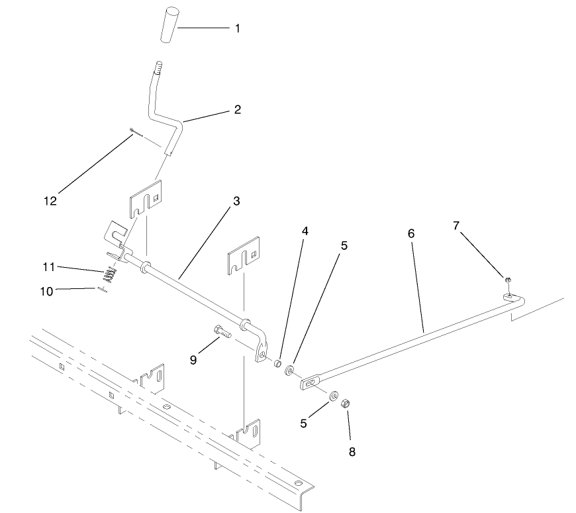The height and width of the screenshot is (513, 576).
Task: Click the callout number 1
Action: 238,29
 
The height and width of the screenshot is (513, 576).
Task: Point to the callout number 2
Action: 237,109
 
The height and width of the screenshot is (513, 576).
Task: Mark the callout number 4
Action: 305,231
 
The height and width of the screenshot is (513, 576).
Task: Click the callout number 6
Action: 410,234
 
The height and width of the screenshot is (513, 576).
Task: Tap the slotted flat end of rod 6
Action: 311,382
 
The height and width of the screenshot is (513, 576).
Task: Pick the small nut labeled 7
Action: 506,281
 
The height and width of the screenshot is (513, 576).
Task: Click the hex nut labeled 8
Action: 345,403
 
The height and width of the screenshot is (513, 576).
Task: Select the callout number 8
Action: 352,452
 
